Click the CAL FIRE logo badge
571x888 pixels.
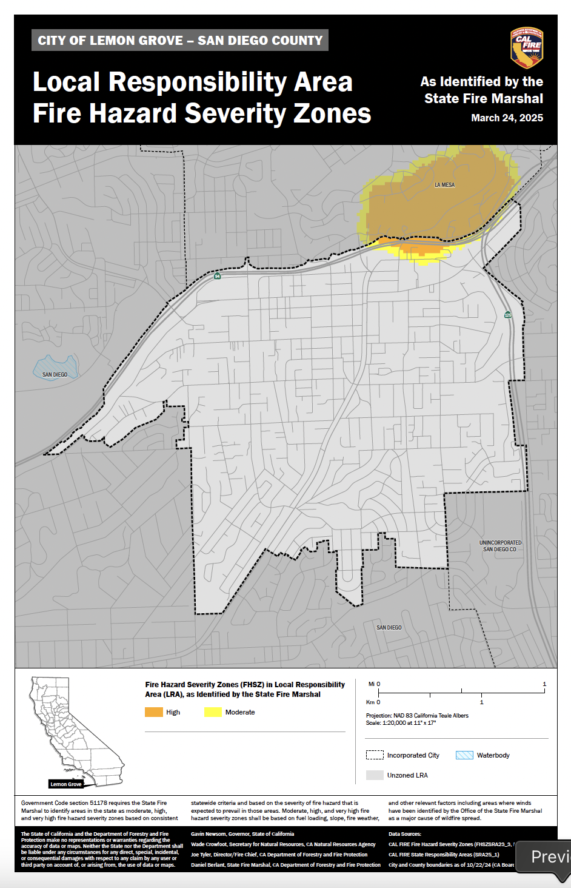526,47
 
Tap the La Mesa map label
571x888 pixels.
444,185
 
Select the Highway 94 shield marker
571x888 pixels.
217,276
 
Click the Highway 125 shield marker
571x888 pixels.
508,315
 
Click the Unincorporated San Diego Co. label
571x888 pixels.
500,546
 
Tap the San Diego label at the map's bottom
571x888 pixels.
389,627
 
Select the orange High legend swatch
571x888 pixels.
154,712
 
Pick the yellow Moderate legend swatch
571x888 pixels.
213,712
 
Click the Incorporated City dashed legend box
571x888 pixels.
375,755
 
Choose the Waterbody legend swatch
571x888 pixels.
464,755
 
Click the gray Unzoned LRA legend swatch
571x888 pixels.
375,775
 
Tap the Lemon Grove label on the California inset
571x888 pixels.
65,784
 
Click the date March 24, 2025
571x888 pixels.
507,118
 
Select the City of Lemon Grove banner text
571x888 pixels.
180,41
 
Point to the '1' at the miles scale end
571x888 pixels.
544,684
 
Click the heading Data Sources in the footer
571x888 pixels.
404,834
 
